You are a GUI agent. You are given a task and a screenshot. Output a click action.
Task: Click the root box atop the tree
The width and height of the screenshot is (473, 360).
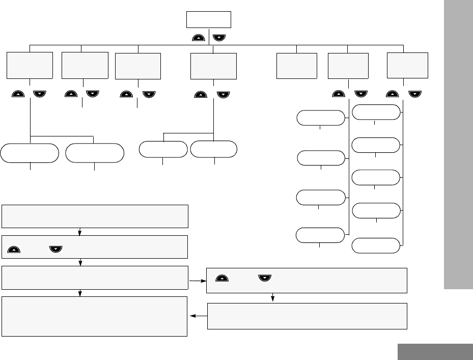[209, 20]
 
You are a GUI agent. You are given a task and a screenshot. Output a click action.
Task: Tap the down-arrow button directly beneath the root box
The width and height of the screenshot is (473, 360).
[219, 37]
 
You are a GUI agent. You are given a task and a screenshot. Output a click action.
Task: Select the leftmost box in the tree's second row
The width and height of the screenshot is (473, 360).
[30, 65]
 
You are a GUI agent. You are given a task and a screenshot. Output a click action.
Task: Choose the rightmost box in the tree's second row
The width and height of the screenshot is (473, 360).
[407, 65]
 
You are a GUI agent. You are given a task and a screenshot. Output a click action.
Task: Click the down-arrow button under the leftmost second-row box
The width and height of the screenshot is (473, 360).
[40, 94]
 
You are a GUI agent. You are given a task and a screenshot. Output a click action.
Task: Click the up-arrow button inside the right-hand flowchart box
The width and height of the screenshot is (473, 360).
[222, 279]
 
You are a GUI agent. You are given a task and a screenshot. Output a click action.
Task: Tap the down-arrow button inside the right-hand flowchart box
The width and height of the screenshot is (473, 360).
[265, 279]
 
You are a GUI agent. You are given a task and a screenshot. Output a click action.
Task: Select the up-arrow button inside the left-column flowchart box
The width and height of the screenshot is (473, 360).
[14, 250]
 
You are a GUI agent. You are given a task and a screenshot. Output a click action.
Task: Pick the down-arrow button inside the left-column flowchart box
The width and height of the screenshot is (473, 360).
[55, 250]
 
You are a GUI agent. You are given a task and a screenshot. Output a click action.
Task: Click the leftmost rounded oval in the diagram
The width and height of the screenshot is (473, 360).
[30, 153]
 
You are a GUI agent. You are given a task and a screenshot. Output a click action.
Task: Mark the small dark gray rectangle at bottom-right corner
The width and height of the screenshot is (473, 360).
[435, 352]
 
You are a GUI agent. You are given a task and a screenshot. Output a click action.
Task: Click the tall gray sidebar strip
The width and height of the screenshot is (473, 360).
[458, 145]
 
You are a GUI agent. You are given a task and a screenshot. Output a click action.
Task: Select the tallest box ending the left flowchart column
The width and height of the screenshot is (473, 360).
[95, 316]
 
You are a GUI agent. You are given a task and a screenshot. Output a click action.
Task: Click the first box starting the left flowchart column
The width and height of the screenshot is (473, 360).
[95, 216]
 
